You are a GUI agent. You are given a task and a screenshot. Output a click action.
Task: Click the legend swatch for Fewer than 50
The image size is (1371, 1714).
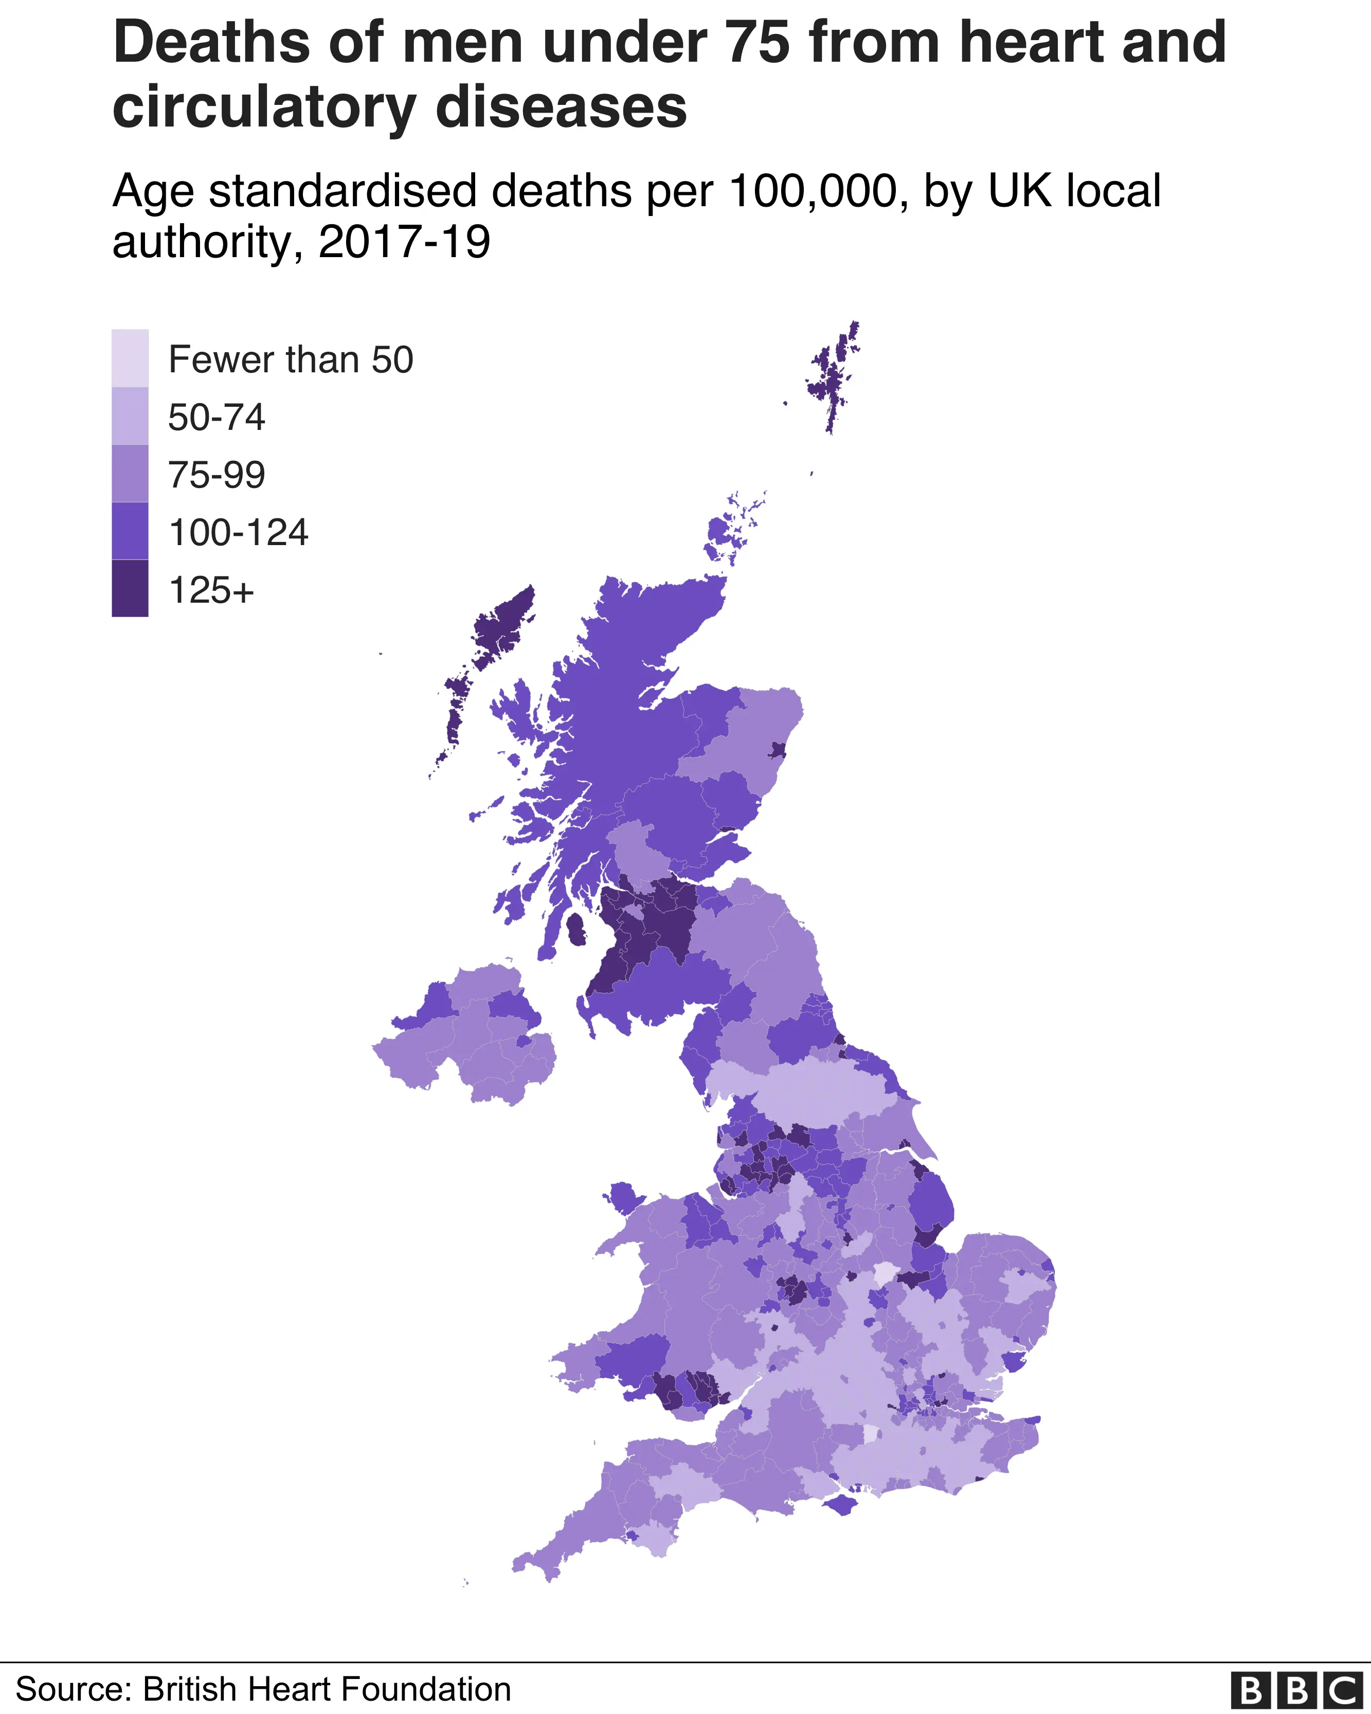tap(130, 358)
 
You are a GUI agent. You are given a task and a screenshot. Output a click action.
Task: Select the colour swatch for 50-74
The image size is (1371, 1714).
tap(130, 416)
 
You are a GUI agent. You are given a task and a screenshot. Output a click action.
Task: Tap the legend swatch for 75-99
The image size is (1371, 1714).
tap(130, 474)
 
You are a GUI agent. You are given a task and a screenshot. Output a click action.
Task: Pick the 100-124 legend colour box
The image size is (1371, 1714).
tap(130, 531)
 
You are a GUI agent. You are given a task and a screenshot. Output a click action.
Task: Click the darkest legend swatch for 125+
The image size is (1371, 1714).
tap(130, 588)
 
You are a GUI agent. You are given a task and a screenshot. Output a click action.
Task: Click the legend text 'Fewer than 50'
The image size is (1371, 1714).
tap(291, 360)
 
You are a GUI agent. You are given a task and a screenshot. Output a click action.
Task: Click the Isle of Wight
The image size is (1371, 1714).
tap(841, 1504)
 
